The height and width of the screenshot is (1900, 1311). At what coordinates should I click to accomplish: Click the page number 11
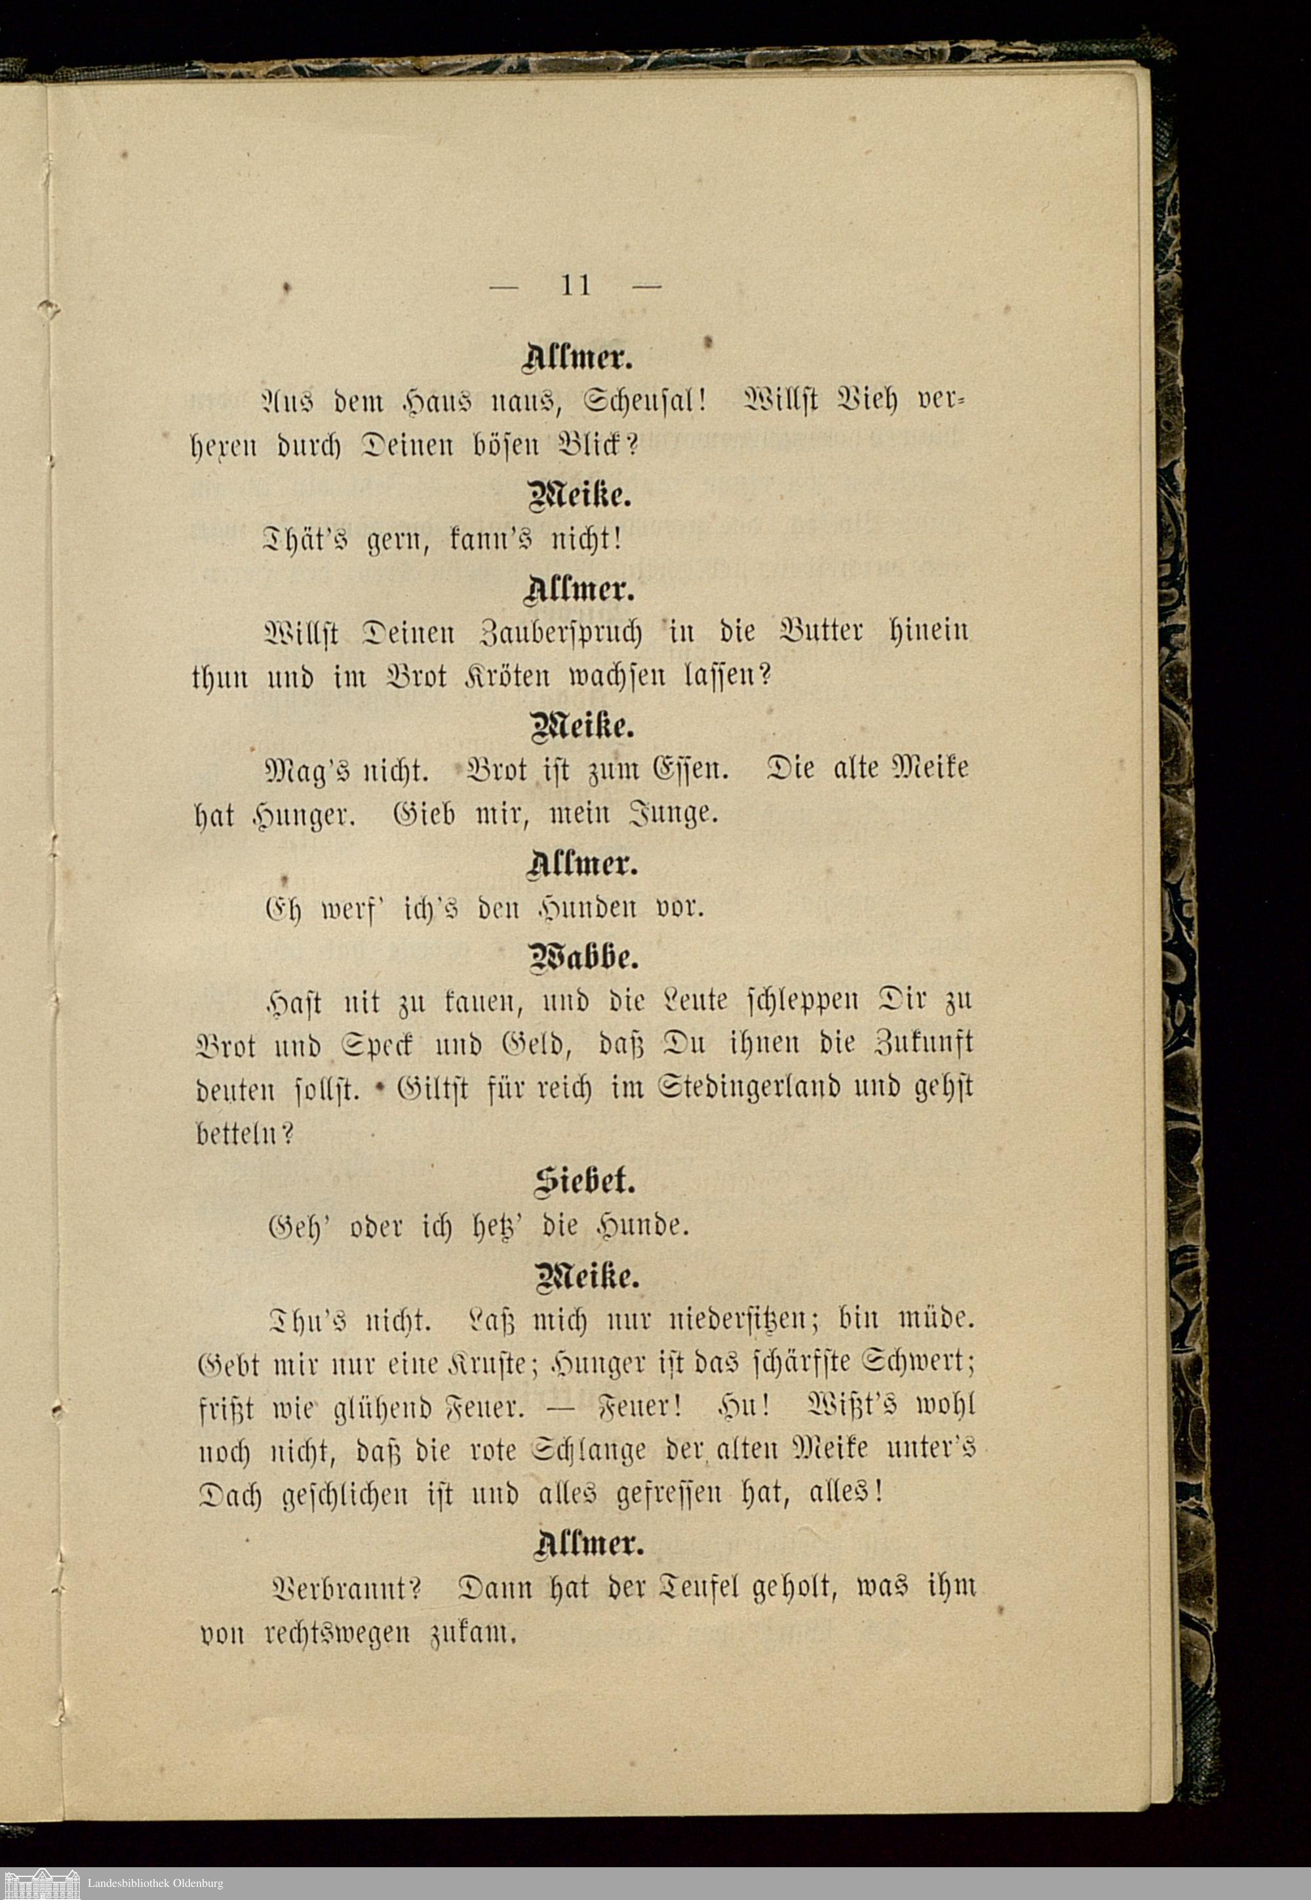tap(576, 285)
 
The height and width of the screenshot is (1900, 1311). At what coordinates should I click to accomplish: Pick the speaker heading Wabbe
tap(584, 957)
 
